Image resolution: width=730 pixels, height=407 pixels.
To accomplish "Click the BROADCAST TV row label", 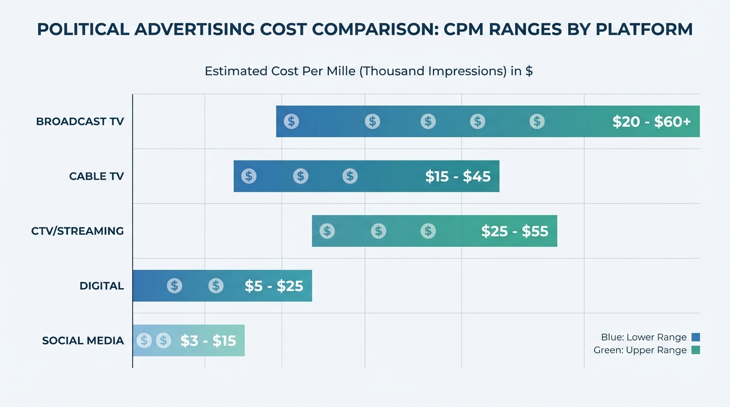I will [80, 121].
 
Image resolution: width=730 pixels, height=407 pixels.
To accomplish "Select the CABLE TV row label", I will [96, 176].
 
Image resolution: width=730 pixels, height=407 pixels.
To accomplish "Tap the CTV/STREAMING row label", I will [77, 231].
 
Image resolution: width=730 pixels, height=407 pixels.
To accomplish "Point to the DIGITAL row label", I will [101, 286].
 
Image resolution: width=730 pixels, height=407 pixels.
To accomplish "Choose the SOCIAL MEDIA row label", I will [83, 341].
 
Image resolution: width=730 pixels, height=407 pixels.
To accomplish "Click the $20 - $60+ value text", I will [651, 122].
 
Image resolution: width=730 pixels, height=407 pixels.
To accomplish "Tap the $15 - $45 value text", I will [458, 176].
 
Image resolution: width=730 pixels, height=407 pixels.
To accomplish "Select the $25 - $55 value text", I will [515, 231].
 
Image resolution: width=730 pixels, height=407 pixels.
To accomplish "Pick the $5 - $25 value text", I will [274, 286].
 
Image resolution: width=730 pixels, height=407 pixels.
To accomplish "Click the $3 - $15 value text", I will [208, 341].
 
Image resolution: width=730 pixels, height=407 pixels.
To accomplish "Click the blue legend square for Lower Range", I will [696, 338].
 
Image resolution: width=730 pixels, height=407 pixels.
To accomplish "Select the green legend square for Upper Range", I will [696, 350].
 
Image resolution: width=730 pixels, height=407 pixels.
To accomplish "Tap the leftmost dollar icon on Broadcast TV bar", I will [291, 121].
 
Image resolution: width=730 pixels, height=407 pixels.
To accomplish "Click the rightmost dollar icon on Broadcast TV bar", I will [537, 121].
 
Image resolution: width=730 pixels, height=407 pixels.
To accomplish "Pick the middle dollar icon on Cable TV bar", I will [300, 176].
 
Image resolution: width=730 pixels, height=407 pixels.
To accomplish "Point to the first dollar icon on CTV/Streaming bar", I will [327, 231].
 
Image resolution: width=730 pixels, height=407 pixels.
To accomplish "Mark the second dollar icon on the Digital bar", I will [215, 286].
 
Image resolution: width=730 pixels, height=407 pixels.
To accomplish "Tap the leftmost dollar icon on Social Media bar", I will [144, 340].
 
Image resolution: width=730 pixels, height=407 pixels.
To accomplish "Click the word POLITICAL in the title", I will [82, 30].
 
